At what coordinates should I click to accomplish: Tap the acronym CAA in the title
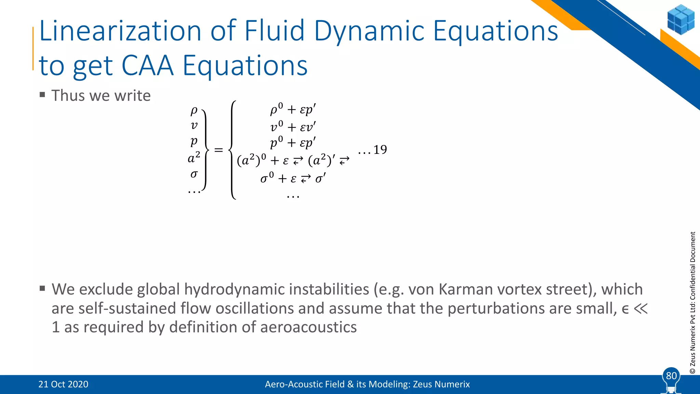click(x=147, y=66)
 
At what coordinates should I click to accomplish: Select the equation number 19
click(x=380, y=150)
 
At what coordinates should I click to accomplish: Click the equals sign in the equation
click(x=218, y=150)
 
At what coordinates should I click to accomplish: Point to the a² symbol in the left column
click(x=194, y=158)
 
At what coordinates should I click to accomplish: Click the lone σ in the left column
click(x=194, y=174)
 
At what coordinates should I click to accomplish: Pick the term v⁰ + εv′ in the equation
click(x=293, y=127)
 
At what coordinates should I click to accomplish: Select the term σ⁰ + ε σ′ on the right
click(x=293, y=178)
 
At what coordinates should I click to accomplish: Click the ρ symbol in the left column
click(x=194, y=110)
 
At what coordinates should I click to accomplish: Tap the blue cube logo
click(x=681, y=19)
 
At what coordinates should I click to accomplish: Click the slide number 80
click(x=671, y=376)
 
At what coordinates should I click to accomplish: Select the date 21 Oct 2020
click(x=63, y=384)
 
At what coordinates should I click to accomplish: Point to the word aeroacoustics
click(x=308, y=327)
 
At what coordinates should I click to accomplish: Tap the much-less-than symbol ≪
click(x=641, y=308)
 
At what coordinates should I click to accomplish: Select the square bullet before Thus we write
click(x=42, y=95)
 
